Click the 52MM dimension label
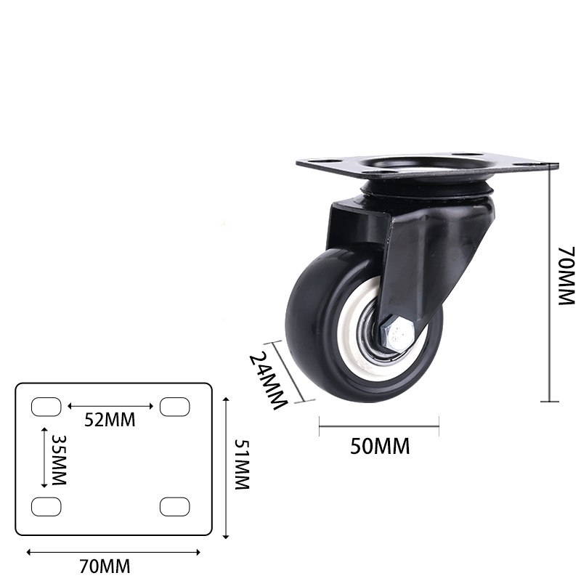point(110,420)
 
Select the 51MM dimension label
point(242,466)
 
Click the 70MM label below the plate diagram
point(105,566)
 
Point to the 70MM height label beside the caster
point(566,276)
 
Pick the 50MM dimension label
point(380,446)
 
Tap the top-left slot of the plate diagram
point(46,407)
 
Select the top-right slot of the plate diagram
point(174,407)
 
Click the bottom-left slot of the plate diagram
point(46,506)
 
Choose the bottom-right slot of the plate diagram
point(174,506)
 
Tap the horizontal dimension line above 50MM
point(379,426)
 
